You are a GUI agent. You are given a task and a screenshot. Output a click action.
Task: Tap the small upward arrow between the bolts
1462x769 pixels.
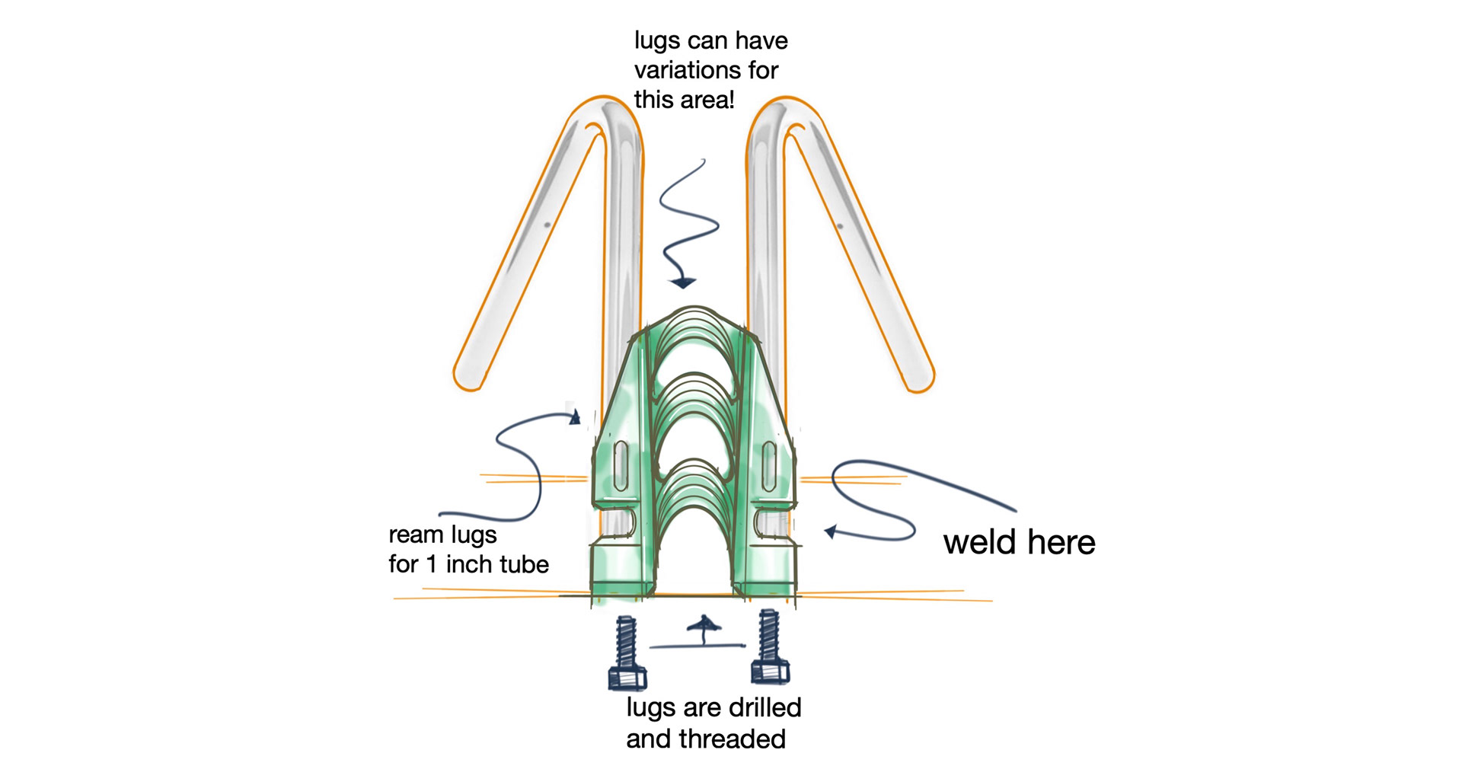coord(703,627)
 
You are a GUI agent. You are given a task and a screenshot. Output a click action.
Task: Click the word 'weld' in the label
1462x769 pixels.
coord(981,543)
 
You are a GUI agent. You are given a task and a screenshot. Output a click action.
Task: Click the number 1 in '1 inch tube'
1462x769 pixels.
coord(432,564)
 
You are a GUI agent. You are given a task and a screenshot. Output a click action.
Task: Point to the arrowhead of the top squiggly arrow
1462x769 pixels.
coord(682,283)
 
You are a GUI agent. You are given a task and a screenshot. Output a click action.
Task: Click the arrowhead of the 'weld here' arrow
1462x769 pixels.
coord(831,531)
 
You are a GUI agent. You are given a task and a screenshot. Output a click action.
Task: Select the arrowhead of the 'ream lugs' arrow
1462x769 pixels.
coord(575,416)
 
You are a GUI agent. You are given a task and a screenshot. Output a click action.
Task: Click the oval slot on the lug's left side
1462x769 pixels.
coord(621,464)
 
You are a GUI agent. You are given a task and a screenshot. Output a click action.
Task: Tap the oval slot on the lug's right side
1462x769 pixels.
coord(768,464)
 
